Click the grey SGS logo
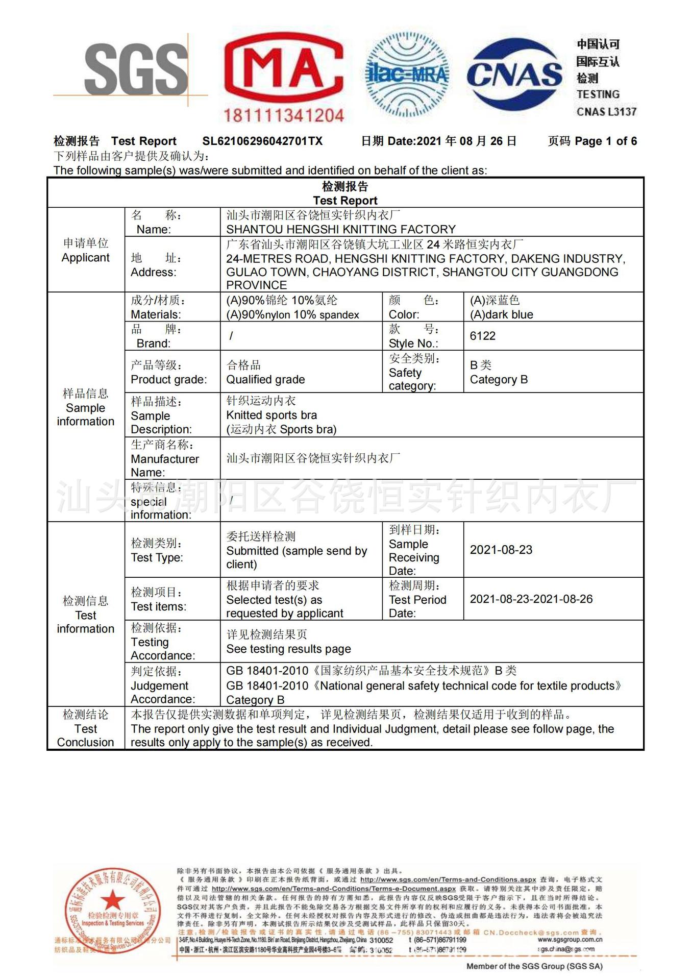pyautogui.click(x=135, y=69)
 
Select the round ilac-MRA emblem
pyautogui.click(x=407, y=75)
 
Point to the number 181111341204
pyautogui.click(x=283, y=115)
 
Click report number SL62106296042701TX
pyautogui.click(x=262, y=141)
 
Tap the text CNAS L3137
pyautogui.click(x=606, y=112)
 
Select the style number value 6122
pyautogui.click(x=483, y=336)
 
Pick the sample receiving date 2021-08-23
pyautogui.click(x=501, y=550)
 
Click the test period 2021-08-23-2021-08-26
pyautogui.click(x=531, y=599)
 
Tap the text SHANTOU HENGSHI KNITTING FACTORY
pyautogui.click(x=340, y=229)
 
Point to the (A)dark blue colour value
pyautogui.click(x=501, y=314)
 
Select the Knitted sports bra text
pyautogui.click(x=271, y=415)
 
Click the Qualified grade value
pyautogui.click(x=265, y=379)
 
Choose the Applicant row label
pyautogui.click(x=85, y=250)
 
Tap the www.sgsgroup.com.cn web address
pyautogui.click(x=570, y=939)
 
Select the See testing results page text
pyautogui.click(x=288, y=649)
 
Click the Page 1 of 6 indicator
pyautogui.click(x=605, y=141)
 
